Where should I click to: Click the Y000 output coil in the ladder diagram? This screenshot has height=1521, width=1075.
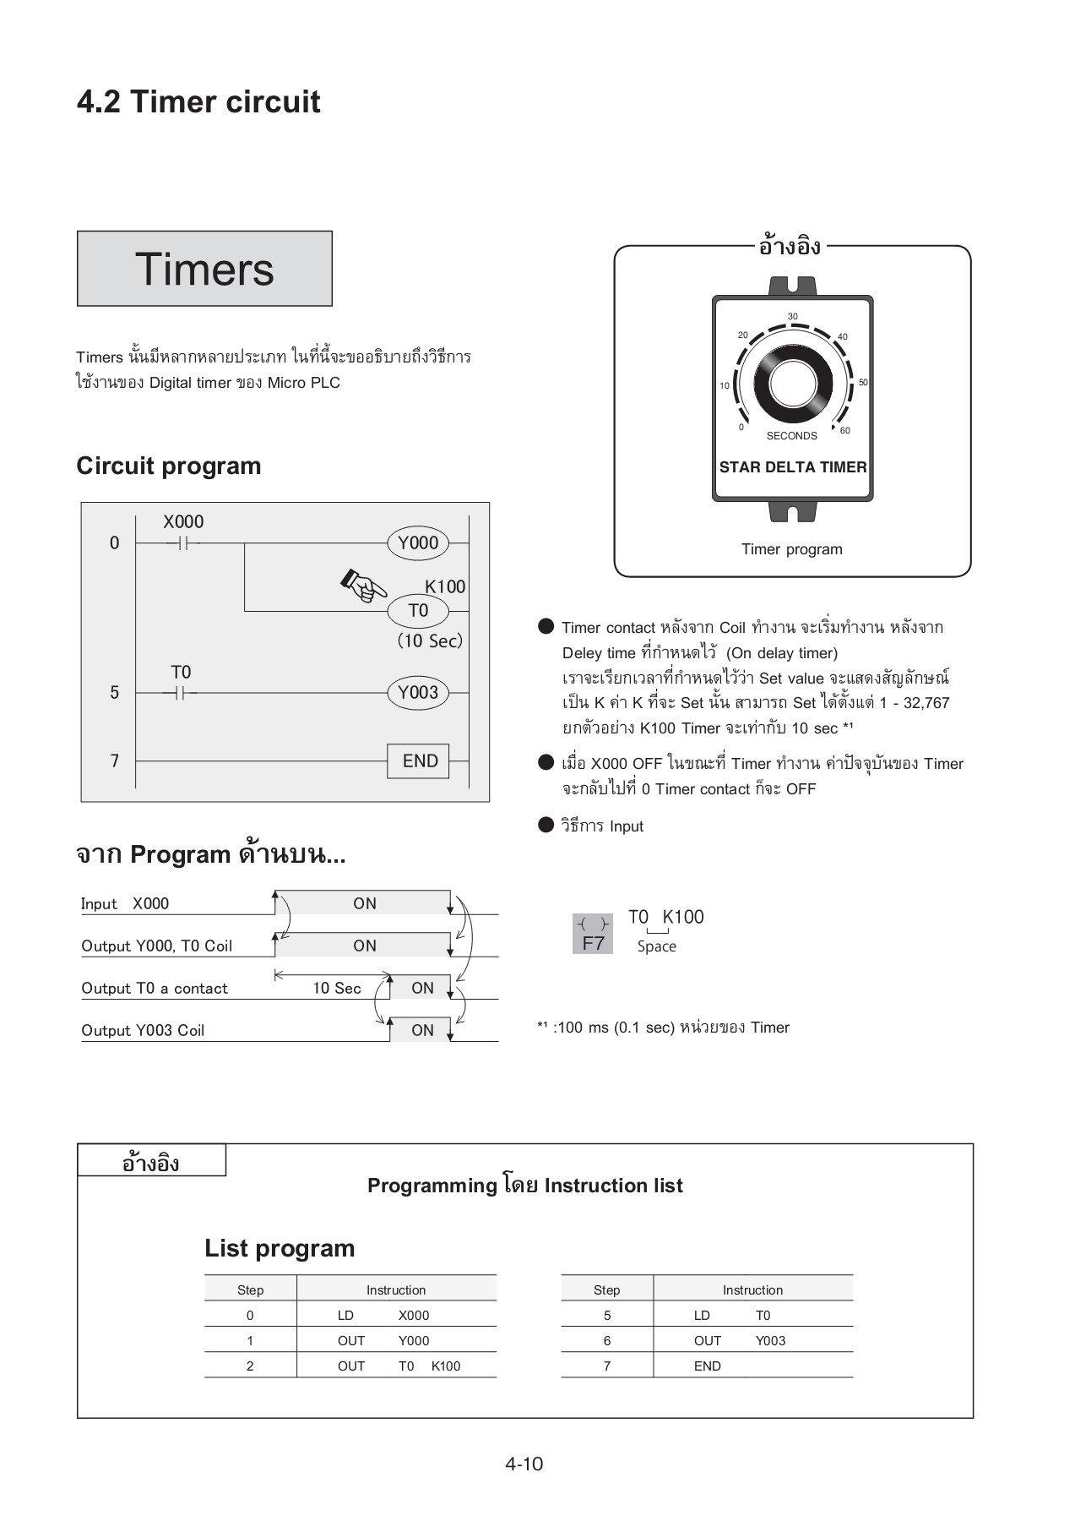(418, 542)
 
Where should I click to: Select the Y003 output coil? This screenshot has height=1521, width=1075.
(418, 693)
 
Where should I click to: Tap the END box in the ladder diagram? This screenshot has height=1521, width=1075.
(419, 760)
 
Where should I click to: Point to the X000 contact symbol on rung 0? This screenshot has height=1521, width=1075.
(184, 543)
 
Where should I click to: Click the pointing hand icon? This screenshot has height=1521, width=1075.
(364, 585)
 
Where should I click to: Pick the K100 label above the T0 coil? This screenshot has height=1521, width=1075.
(445, 586)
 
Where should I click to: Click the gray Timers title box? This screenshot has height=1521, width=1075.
(204, 269)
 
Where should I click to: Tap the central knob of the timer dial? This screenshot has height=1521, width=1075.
(793, 384)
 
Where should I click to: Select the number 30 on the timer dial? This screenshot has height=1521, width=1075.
(792, 317)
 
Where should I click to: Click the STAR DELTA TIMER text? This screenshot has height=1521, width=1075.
(792, 467)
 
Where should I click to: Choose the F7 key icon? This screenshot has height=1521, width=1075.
(594, 935)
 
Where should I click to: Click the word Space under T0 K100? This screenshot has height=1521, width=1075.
(657, 946)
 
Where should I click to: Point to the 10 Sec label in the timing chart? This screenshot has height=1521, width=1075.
(336, 988)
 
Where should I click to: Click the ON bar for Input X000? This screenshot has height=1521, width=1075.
(365, 903)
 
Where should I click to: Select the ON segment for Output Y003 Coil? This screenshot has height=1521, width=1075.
(422, 1030)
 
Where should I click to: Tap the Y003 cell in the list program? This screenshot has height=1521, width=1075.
(770, 1341)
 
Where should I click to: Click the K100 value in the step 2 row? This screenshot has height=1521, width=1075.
(446, 1366)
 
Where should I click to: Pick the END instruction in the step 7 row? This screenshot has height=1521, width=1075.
(708, 1366)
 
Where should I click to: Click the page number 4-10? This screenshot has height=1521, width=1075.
(524, 1464)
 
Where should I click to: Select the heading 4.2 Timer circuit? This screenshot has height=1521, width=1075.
(198, 102)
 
